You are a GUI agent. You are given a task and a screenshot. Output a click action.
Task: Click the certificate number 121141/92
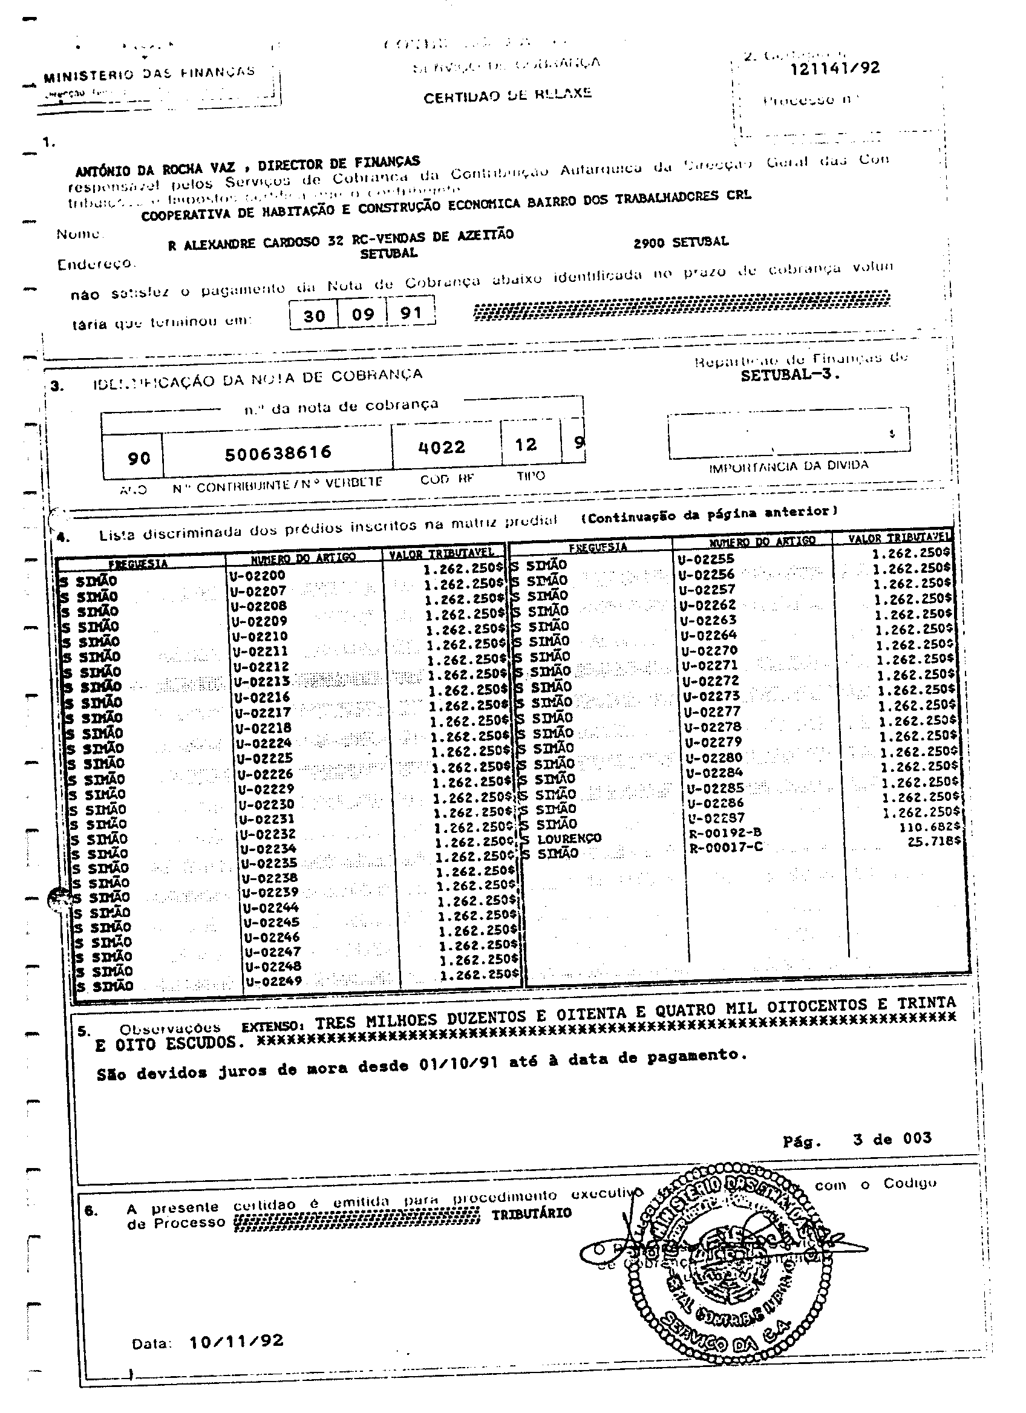click(834, 68)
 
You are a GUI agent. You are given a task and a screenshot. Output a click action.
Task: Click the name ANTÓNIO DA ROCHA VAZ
click(155, 169)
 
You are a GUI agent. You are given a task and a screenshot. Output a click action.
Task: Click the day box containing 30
click(314, 315)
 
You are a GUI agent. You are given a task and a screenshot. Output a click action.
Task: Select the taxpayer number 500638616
click(278, 452)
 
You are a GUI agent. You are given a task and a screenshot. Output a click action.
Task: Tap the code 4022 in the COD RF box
click(442, 446)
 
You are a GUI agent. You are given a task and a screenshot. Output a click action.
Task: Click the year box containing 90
click(139, 458)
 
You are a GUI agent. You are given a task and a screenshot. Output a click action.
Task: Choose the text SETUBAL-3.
click(790, 375)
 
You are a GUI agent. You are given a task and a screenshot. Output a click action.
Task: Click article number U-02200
click(258, 576)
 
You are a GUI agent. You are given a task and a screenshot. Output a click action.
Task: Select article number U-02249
click(273, 981)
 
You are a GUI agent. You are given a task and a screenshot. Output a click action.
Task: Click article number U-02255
click(706, 559)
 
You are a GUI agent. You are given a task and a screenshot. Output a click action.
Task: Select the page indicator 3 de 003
click(892, 1139)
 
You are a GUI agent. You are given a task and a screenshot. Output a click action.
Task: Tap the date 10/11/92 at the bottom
click(236, 1341)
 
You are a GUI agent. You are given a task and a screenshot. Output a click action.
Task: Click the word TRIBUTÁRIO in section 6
click(531, 1213)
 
